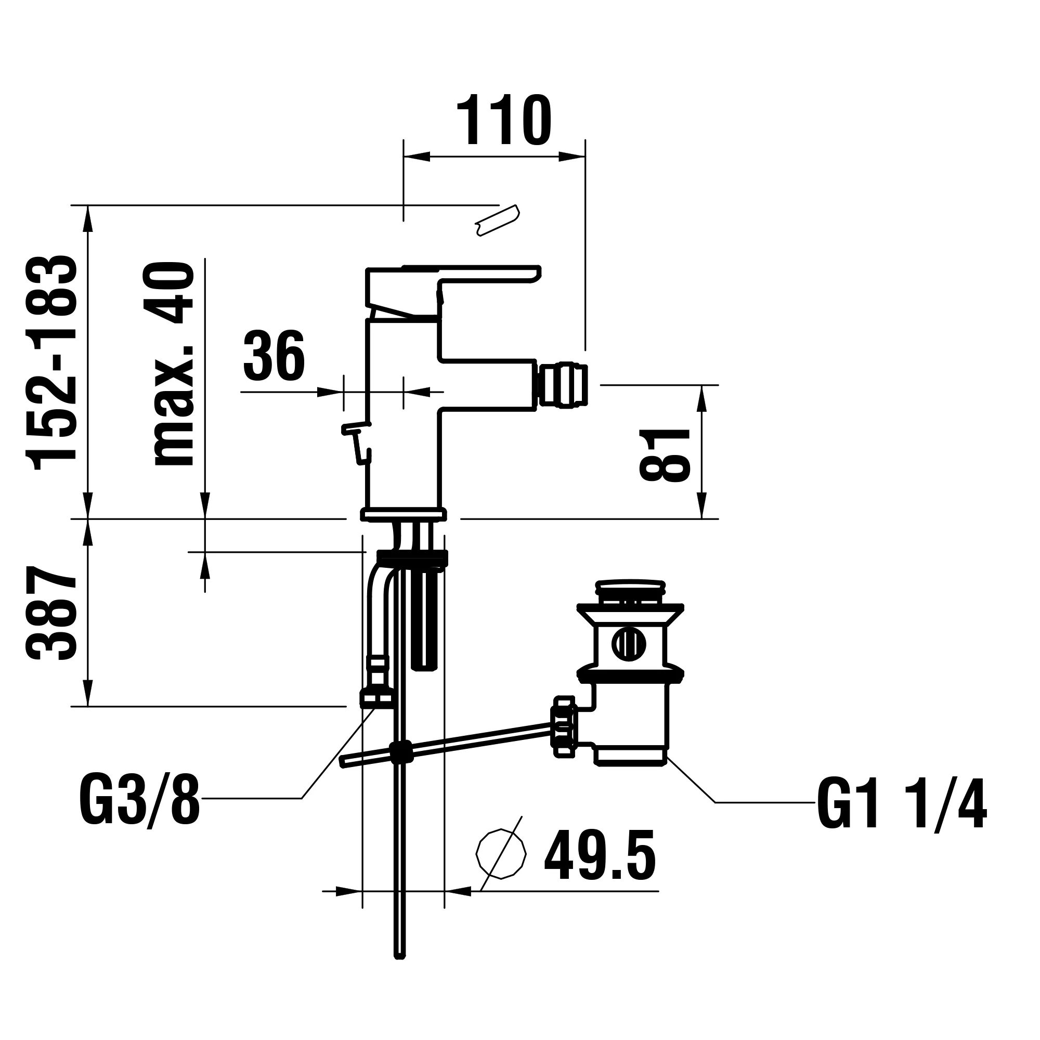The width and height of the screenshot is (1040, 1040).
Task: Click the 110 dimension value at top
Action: pyautogui.click(x=503, y=121)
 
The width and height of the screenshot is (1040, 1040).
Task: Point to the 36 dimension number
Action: pyautogui.click(x=274, y=355)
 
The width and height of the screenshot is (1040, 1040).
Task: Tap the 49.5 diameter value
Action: pyautogui.click(x=600, y=855)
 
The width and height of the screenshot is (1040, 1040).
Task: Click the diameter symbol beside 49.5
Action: pyautogui.click(x=501, y=854)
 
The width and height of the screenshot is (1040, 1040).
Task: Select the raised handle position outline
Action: pyautogui.click(x=498, y=220)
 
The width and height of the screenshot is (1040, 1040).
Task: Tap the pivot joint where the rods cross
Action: pyautogui.click(x=400, y=752)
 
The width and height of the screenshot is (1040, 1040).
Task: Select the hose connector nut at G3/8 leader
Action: pyautogui.click(x=377, y=699)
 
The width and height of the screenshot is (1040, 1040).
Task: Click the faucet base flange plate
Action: pyautogui.click(x=404, y=515)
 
